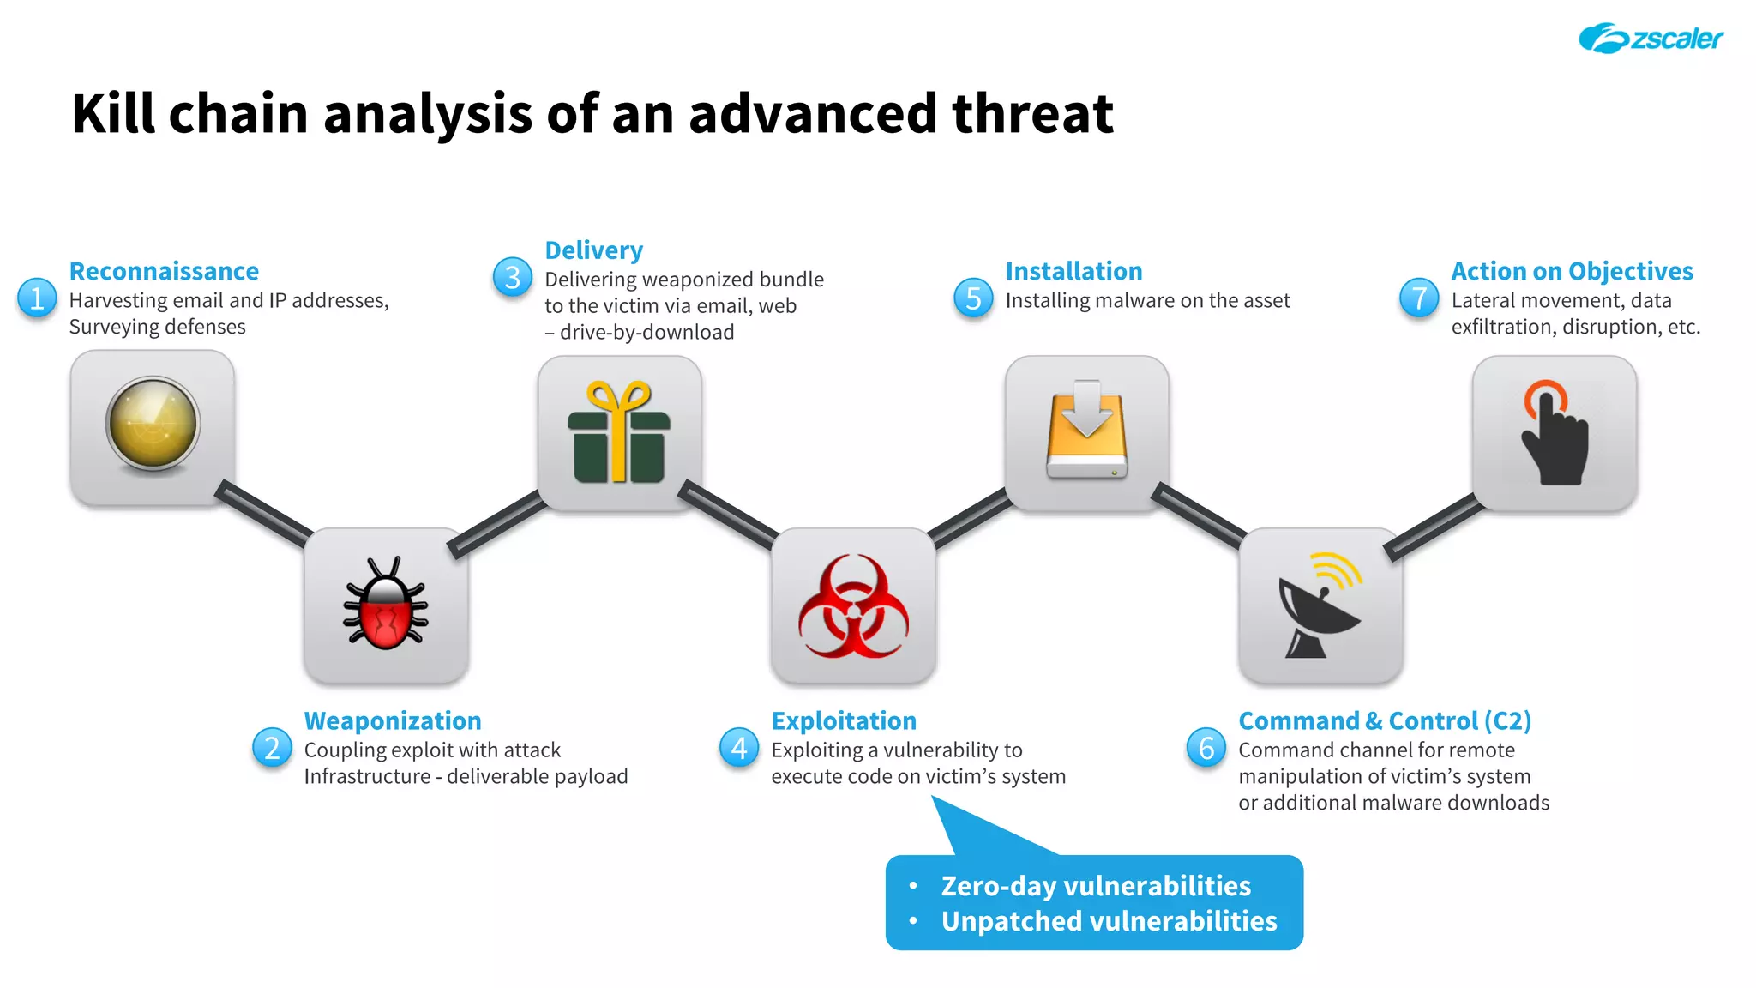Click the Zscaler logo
coord(1650,39)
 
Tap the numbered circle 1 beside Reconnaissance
coord(37,298)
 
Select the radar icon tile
coord(153,426)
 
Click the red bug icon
coord(386,605)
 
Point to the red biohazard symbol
coord(853,605)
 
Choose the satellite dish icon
coord(1320,607)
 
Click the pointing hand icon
coord(1554,434)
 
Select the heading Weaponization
coord(393,720)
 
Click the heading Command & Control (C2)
coord(1385,720)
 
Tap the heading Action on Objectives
coord(1572,271)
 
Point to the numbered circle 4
coord(739,748)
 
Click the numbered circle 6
coord(1206,748)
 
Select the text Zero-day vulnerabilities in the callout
coord(1096,885)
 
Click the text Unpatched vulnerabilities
coord(1109,921)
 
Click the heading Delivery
coord(593,250)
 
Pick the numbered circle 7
coord(1419,298)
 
